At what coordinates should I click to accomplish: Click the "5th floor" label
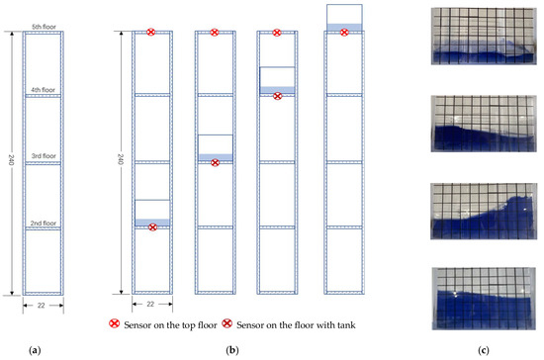point(44,25)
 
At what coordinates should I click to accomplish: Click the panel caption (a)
point(37,349)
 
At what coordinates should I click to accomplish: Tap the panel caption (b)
point(230,349)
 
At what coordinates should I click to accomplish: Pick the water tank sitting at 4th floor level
point(277,79)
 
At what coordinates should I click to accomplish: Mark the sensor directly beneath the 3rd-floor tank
point(215,162)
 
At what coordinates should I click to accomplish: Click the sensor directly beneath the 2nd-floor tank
point(151,227)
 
